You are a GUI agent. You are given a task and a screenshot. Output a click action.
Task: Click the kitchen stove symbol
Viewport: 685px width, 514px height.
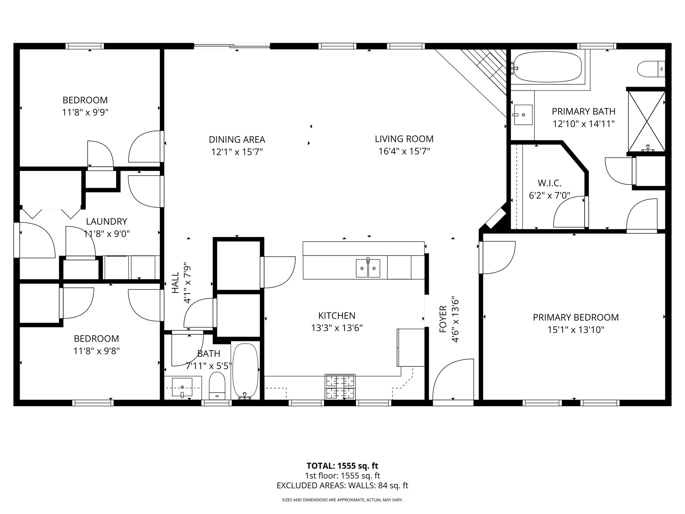pos(340,387)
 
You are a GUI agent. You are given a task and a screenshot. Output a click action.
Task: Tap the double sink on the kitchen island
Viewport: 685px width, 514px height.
pos(368,268)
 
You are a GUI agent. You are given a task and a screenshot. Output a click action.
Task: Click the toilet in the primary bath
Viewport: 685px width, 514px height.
pos(651,69)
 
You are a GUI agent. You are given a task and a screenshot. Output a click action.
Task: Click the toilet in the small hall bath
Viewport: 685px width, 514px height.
pos(217,386)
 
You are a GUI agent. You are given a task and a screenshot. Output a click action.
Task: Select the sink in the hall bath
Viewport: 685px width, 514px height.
pos(182,387)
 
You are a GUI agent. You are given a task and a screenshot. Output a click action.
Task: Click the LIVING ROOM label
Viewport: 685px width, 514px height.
pos(404,139)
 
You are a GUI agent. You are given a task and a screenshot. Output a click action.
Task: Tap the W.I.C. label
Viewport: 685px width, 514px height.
pos(549,183)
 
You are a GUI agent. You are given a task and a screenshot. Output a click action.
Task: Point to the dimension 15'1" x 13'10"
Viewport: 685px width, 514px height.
pos(576,330)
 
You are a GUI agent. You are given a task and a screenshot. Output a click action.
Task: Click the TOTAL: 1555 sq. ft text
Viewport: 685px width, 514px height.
pos(342,466)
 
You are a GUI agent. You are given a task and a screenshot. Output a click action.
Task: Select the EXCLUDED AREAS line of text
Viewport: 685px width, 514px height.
pos(342,486)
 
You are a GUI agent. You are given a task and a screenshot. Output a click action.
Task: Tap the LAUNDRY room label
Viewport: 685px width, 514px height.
pos(106,222)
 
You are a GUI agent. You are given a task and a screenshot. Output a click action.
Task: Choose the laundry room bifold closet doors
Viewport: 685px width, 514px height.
pos(51,213)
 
